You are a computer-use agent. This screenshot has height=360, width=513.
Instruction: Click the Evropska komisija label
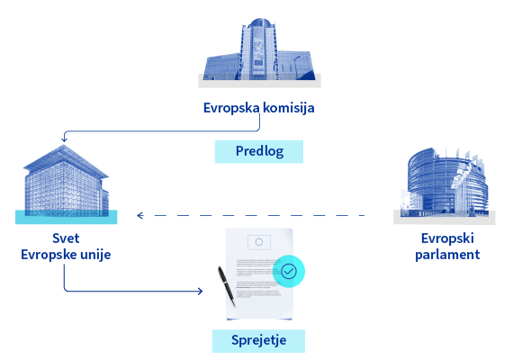[259, 108]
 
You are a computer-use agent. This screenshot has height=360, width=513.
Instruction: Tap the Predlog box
[259, 151]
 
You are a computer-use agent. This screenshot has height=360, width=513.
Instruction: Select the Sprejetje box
[258, 341]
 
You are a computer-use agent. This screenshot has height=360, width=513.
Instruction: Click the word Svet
[66, 238]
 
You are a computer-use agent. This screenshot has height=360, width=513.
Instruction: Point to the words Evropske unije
[66, 255]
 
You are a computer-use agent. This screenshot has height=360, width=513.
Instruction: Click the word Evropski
[447, 238]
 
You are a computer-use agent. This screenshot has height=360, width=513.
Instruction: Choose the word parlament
[447, 255]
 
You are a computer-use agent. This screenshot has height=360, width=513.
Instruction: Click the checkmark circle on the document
[289, 271]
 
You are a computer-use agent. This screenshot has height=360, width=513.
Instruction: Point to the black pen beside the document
[227, 287]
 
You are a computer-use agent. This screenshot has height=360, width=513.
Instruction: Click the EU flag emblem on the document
[259, 242]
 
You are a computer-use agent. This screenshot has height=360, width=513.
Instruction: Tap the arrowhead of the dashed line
[140, 215]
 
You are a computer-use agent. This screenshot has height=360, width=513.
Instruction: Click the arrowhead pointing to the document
[200, 291]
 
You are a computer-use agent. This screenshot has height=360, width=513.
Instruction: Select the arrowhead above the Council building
[64, 139]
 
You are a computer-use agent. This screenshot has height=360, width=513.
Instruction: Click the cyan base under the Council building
[66, 217]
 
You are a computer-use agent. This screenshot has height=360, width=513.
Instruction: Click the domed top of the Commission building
[260, 22]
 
